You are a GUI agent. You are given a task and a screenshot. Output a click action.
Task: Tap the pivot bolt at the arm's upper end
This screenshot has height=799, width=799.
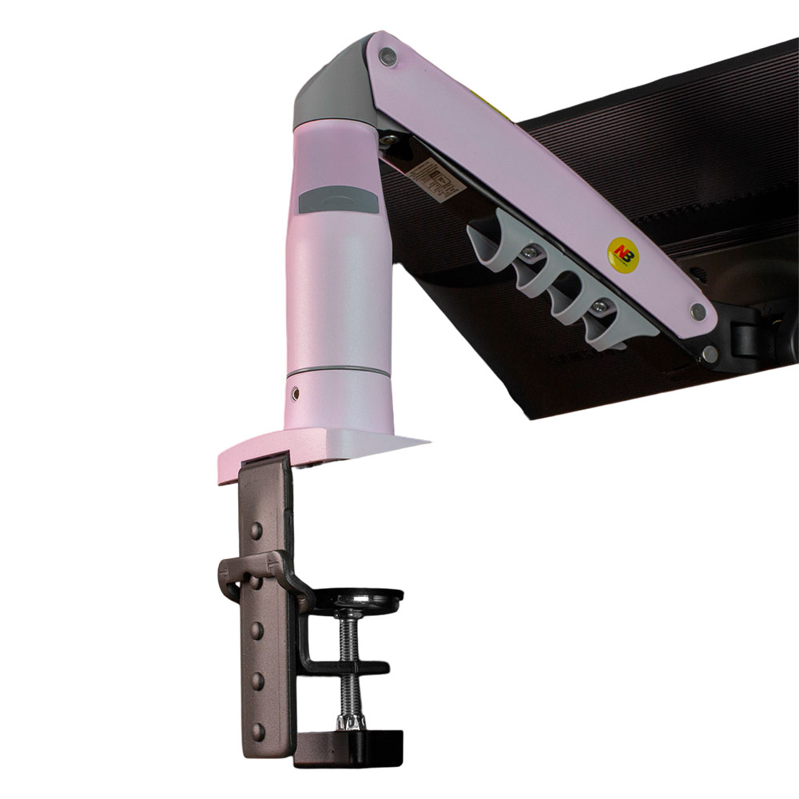pos(388,56)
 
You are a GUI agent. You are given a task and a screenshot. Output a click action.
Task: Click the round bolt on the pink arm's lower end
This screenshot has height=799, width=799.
pos(698,312)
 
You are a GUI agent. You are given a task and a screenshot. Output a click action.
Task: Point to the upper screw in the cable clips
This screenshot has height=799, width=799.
pos(529,253)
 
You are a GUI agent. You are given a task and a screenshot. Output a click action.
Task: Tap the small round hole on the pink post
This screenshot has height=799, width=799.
pos(297,393)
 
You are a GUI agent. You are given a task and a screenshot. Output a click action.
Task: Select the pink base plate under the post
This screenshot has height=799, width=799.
pos(320,447)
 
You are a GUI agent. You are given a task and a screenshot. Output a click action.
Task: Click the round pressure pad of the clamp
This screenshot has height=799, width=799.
pos(368,598)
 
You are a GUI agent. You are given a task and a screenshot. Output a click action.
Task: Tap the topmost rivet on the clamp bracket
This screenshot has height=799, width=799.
pos(255,530)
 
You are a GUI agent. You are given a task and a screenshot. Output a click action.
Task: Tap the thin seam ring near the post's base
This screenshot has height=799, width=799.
pos(339,371)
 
